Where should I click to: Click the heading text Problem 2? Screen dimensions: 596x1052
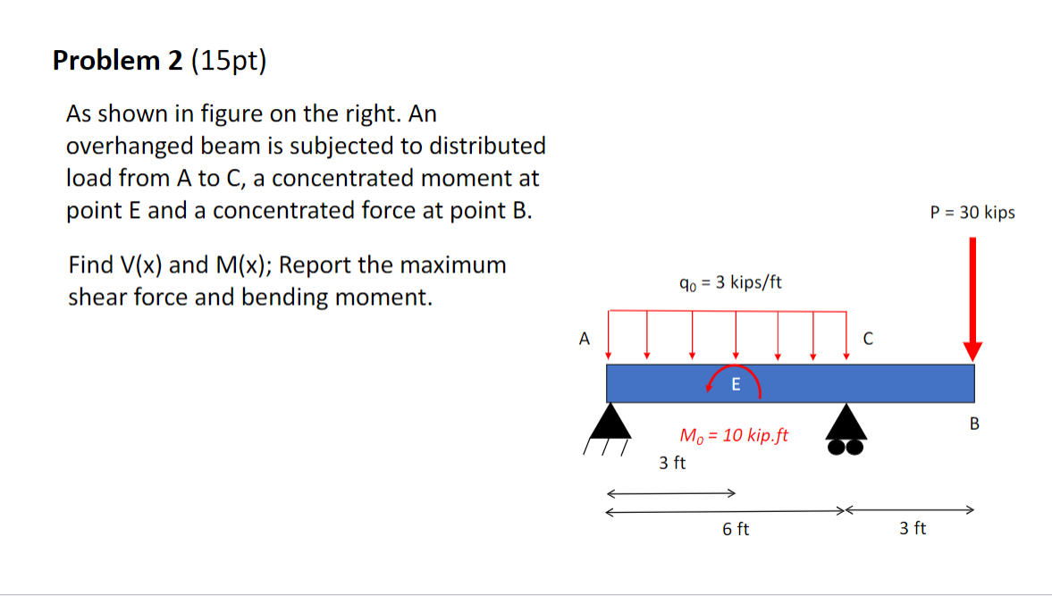117,61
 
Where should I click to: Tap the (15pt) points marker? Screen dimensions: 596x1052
228,61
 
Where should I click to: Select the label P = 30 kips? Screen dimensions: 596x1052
972,213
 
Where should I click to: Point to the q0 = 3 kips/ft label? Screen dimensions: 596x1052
730,283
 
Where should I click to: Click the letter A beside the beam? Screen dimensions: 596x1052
585,339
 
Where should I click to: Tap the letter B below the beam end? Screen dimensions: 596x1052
974,423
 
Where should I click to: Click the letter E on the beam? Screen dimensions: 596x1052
736,385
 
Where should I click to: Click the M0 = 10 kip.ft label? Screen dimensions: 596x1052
734,436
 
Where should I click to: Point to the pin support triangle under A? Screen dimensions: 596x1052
610,421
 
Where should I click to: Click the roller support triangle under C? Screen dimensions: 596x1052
846,421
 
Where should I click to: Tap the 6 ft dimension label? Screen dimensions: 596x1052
736,530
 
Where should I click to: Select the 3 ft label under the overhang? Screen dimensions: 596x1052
913,529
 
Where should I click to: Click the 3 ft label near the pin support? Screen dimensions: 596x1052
672,463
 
